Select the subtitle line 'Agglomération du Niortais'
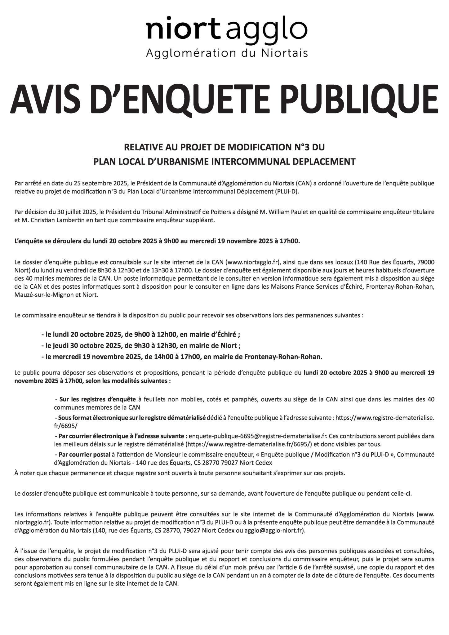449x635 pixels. [x=227, y=53]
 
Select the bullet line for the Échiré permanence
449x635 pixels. [x=140, y=335]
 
